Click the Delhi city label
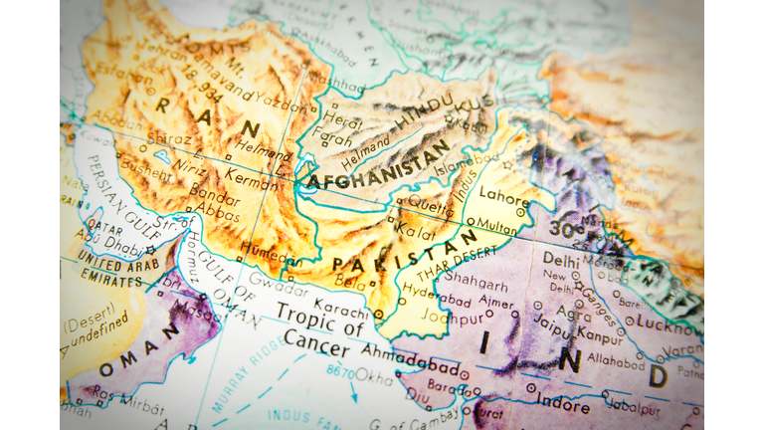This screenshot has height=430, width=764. [560, 258]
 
